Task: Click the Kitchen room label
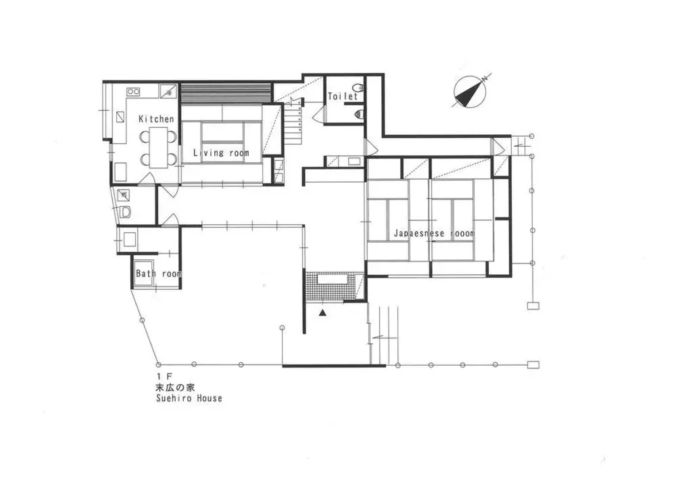point(156,119)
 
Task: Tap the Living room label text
point(221,153)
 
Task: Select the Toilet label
point(342,96)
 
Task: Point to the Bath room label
point(158,274)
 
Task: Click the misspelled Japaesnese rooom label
point(434,233)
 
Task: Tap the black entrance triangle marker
point(323,313)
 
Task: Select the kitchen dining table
point(158,148)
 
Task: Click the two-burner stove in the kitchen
point(133,92)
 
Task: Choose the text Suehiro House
point(189,398)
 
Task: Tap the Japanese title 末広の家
point(175,387)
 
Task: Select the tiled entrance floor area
point(329,287)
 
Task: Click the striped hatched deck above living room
point(225,93)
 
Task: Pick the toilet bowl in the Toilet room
point(358,88)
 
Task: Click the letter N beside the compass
point(484,79)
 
